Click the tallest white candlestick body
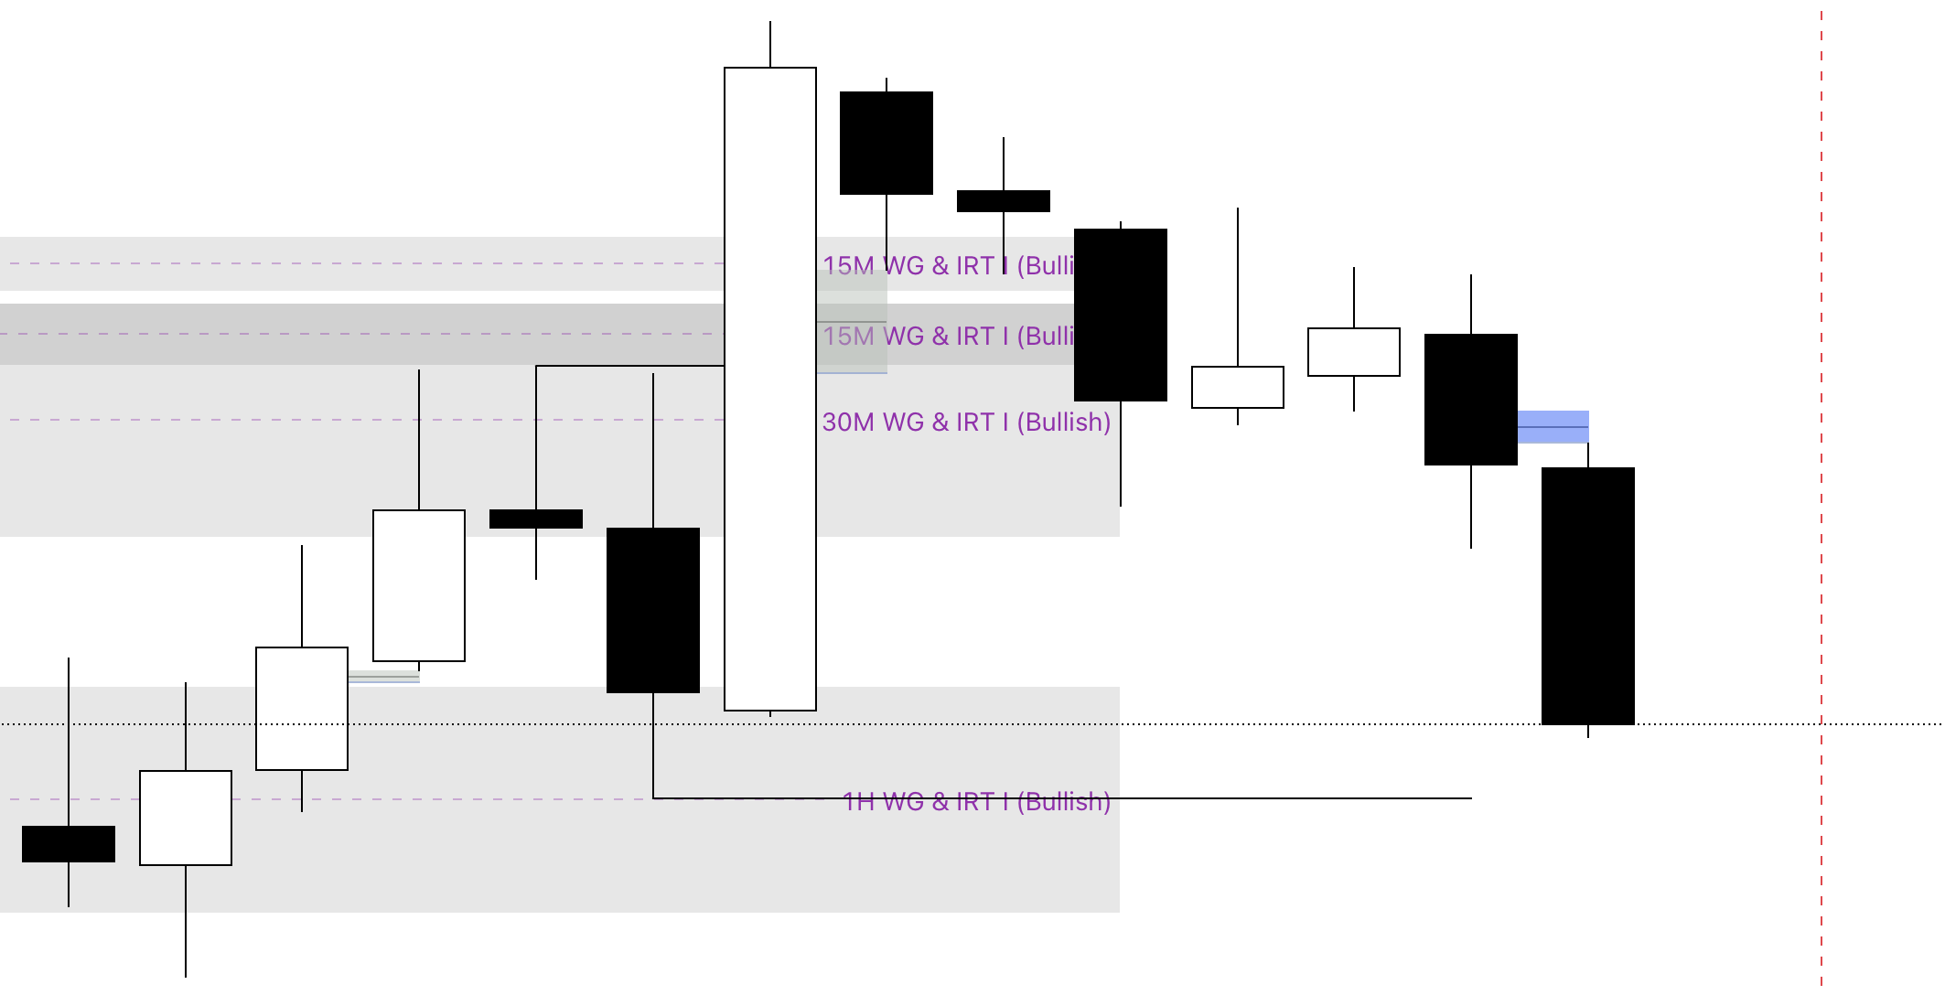pyautogui.click(x=769, y=389)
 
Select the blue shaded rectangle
pyautogui.click(x=1553, y=426)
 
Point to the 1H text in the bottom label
pyautogui.click(x=858, y=802)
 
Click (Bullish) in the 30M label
pyautogui.click(x=1063, y=423)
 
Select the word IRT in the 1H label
pyautogui.click(x=974, y=802)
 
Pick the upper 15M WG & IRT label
pyautogui.click(x=948, y=265)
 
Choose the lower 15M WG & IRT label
pyautogui.click(x=948, y=337)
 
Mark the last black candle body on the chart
pyautogui.click(x=1587, y=595)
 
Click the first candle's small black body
pyautogui.click(x=69, y=843)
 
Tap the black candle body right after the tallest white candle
pyautogui.click(x=886, y=143)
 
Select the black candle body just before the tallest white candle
pyautogui.click(x=652, y=610)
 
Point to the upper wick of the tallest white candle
pyautogui.click(x=769, y=44)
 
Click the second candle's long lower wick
pyautogui.click(x=186, y=920)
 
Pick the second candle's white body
pyautogui.click(x=186, y=818)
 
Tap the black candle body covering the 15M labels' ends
pyautogui.click(x=1120, y=315)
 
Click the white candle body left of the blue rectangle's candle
pyautogui.click(x=1353, y=352)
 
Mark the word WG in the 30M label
pyautogui.click(x=903, y=423)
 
